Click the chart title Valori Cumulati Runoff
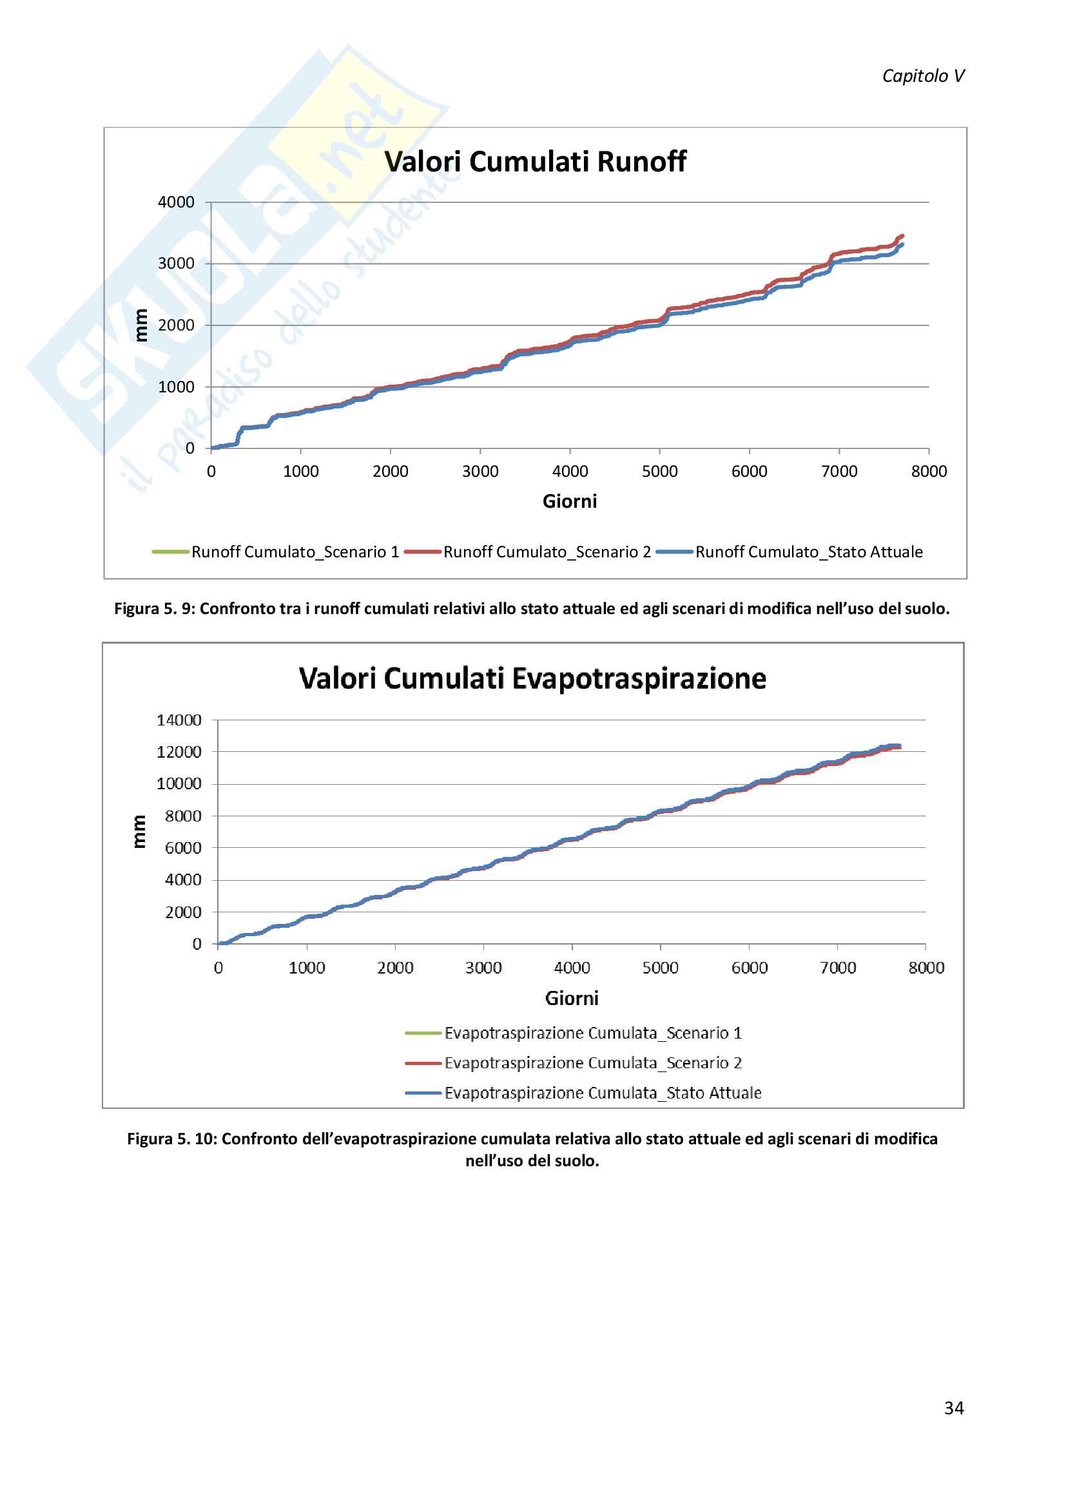click(x=535, y=162)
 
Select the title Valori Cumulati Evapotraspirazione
click(x=532, y=678)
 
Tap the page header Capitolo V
click(x=923, y=76)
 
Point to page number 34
click(x=954, y=1408)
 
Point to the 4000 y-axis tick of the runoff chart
click(x=176, y=202)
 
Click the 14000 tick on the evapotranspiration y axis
click(x=179, y=720)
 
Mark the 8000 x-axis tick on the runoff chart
click(x=929, y=471)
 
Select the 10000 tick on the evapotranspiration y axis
click(x=179, y=783)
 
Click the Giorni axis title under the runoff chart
click(x=570, y=501)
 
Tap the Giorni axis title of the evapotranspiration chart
click(x=572, y=998)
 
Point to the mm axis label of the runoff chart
click(x=141, y=325)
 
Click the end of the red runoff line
click(x=902, y=236)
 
